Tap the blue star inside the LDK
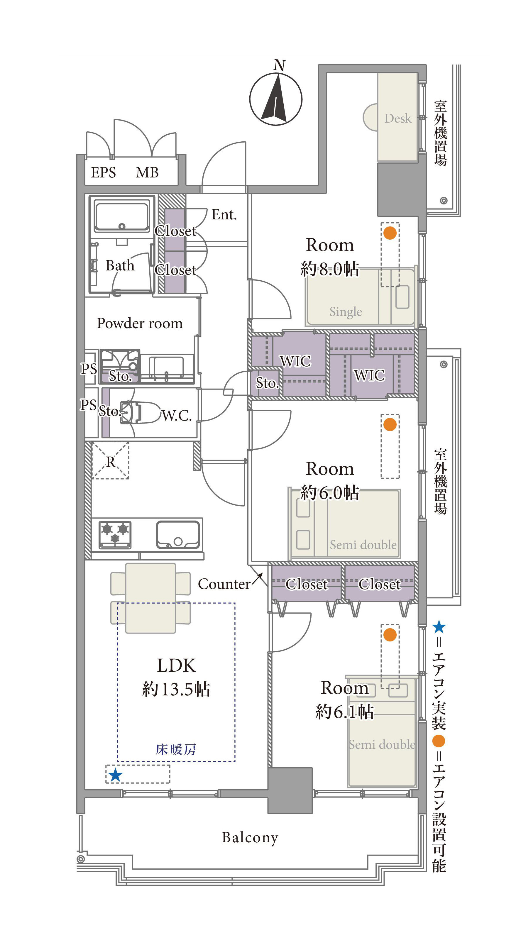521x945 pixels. pos(116,775)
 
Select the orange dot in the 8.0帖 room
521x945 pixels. pos(390,233)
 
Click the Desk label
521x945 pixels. pos(398,118)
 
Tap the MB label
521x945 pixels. pos(147,172)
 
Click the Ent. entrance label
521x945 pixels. pos(224,215)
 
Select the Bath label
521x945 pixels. pos(120,265)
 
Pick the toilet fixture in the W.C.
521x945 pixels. pos(138,413)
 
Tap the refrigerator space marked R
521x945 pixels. pos(110,461)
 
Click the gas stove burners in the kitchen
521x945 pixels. pos(115,534)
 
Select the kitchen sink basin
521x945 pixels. pos(178,535)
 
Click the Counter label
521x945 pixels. pos(224,584)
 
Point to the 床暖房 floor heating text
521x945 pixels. pos(176,749)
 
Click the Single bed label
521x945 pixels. pos(346,311)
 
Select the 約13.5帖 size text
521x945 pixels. pos(176,689)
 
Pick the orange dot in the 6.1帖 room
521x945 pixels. pos(390,635)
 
